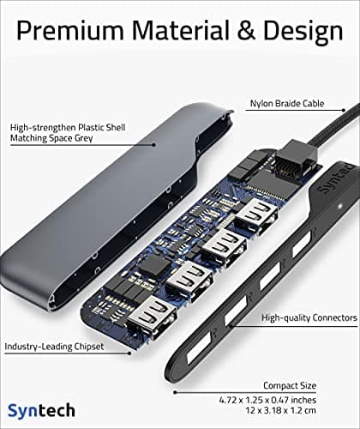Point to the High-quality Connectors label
point(309,317)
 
